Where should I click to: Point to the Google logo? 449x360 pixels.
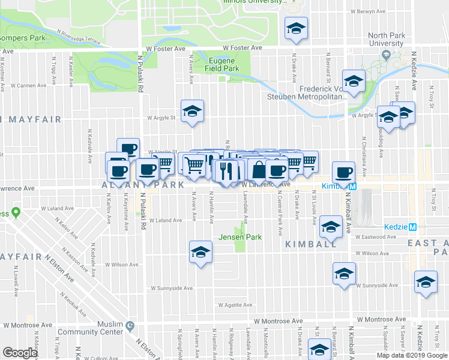20,353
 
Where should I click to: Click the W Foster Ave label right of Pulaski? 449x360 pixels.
243,47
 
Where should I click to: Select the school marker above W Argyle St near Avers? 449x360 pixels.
193,111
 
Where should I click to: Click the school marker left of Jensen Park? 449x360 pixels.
200,253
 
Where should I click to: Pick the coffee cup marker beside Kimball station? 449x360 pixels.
343,173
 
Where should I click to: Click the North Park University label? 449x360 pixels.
386,40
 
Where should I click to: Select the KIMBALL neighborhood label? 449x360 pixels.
311,244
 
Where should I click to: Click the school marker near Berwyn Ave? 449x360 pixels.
295,30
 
